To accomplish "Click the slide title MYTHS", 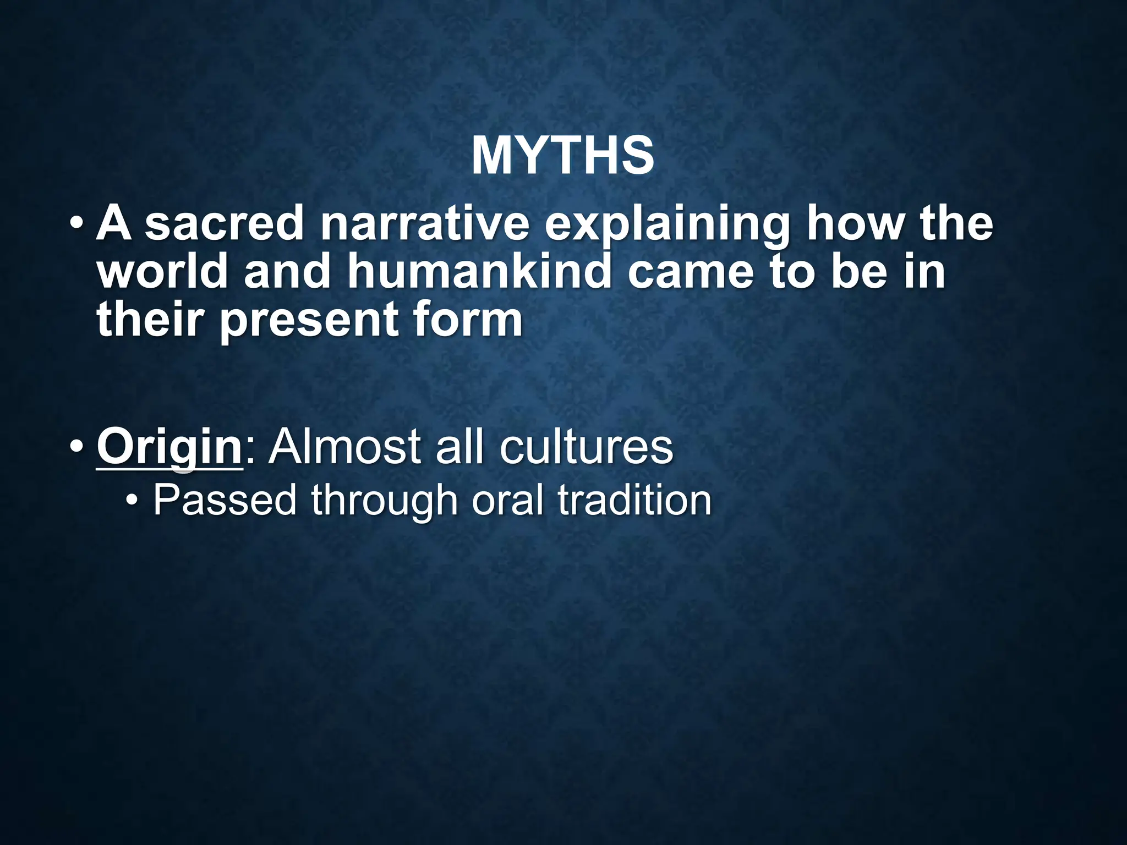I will [562, 156].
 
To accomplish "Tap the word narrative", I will [425, 224].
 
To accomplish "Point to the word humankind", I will [479, 272].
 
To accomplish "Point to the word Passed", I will [225, 500].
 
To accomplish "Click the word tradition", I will [634, 500].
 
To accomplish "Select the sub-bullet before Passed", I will [132, 501].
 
